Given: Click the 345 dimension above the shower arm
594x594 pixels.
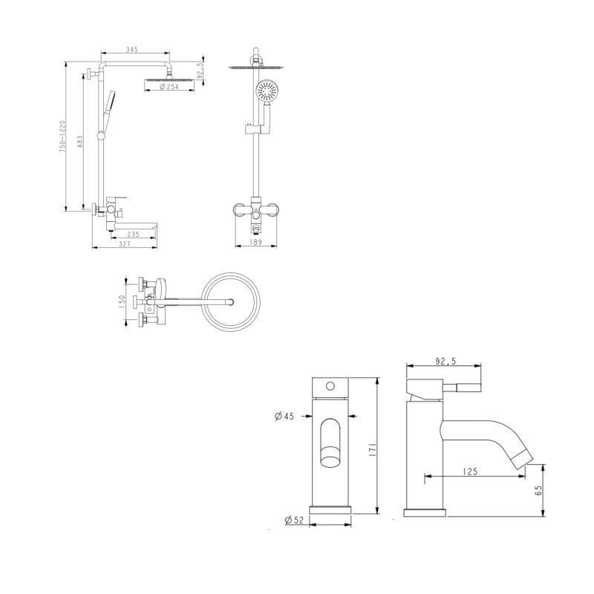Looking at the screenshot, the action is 132,49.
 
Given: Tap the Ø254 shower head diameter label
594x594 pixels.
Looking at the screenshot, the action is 169,87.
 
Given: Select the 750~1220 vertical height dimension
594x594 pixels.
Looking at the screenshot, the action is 62,137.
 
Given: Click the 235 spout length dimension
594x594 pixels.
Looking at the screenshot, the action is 133,235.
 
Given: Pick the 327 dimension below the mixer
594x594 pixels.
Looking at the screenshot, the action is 125,244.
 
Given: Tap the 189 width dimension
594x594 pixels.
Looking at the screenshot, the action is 256,243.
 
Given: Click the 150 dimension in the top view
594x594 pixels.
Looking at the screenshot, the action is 122,302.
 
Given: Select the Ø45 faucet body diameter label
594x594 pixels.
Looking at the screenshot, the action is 284,417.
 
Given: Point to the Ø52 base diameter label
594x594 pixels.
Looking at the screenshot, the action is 294,520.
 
